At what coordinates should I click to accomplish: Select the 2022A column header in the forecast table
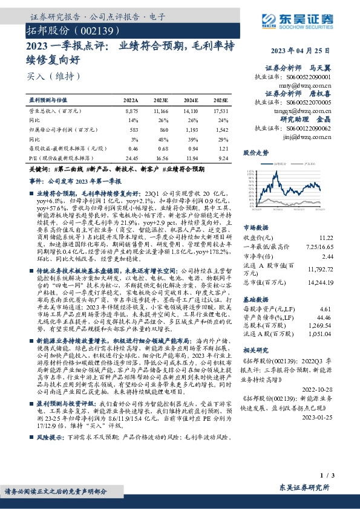[131, 100]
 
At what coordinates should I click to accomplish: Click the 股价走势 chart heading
[255, 154]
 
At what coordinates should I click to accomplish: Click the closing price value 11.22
[326, 239]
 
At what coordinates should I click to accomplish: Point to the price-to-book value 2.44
[327, 256]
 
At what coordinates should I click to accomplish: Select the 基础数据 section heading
[255, 299]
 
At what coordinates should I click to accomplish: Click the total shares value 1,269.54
[321, 325]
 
